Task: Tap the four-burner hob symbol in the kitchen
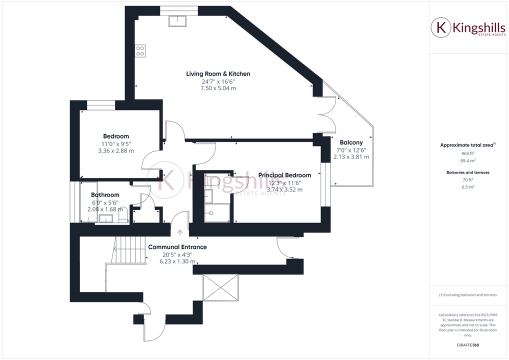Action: [140, 50]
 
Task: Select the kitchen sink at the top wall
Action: [177, 20]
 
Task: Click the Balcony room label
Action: [351, 142]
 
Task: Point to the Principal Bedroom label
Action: [284, 175]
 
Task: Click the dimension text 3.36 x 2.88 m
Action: [116, 150]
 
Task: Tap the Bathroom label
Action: [105, 195]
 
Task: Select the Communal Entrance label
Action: [177, 247]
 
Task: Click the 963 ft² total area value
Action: [468, 154]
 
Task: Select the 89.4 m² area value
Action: [468, 161]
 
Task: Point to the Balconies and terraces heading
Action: [468, 172]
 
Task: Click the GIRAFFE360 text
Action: [468, 344]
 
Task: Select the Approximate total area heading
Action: [467, 145]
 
